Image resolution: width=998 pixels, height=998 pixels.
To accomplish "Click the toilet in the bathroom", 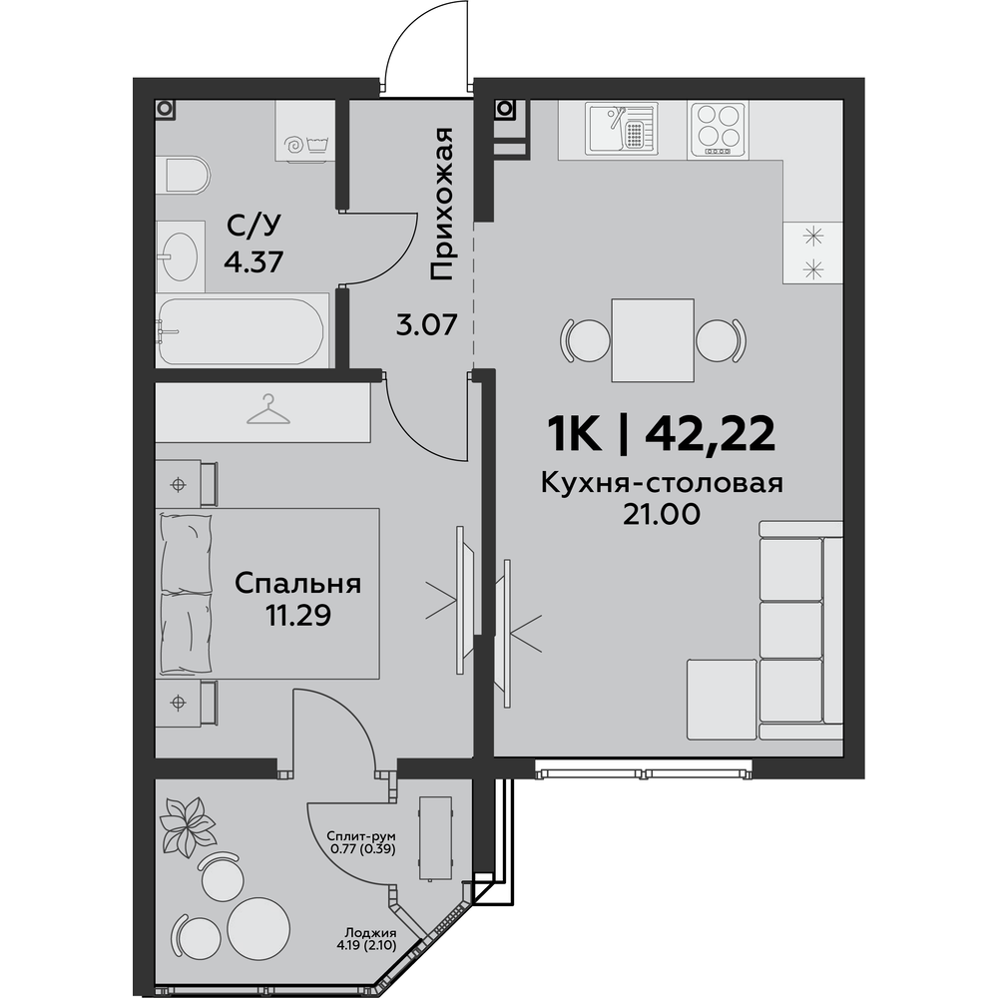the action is click(x=188, y=174).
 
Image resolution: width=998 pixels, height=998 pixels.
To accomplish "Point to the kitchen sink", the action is click(x=621, y=128).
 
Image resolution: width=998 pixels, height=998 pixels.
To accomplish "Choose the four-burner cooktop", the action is click(x=719, y=130).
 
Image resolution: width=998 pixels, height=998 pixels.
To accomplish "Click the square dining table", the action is click(x=653, y=340).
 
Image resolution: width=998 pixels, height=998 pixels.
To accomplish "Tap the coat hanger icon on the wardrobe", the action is click(x=268, y=409).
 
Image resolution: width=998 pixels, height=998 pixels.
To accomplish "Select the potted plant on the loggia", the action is click(x=188, y=825).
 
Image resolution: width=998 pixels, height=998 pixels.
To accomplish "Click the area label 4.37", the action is click(x=253, y=261).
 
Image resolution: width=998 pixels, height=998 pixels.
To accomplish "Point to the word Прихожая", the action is click(x=441, y=204).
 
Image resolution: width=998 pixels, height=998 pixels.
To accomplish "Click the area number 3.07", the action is click(x=426, y=326).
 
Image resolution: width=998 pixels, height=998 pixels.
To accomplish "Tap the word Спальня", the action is click(x=297, y=584).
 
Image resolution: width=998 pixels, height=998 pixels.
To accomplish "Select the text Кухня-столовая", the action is click(x=662, y=484).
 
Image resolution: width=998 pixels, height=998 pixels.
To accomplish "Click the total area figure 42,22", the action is click(x=711, y=434).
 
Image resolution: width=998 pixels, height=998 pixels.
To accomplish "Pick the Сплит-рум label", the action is click(x=361, y=835).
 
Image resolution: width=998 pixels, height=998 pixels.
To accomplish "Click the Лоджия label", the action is click(x=367, y=932).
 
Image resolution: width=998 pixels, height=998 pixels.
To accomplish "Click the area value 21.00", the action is click(x=662, y=514).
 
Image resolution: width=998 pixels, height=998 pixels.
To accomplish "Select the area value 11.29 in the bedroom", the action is click(x=297, y=616).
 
